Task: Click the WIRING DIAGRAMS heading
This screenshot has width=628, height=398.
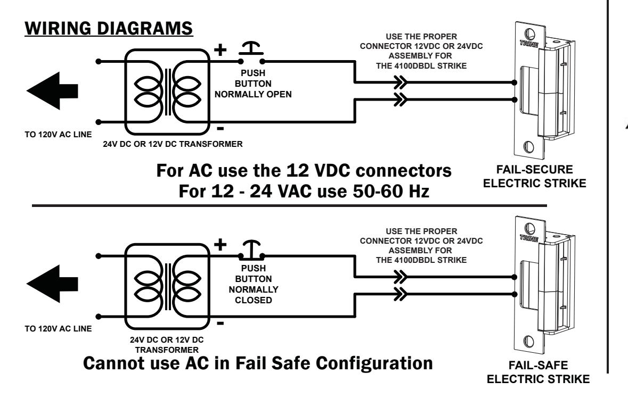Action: coord(109,28)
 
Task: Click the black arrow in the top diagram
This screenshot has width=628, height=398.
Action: coord(52,91)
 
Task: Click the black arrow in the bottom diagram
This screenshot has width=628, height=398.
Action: coord(52,284)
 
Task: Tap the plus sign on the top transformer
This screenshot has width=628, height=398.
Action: coord(221,49)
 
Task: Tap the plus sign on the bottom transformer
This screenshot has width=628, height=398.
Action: coord(221,244)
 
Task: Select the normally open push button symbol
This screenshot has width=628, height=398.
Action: coord(251,54)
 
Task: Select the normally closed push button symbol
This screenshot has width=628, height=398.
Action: coord(251,251)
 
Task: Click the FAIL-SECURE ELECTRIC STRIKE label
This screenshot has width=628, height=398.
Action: coord(534,177)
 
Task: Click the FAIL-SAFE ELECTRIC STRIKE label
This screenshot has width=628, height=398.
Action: coord(538,372)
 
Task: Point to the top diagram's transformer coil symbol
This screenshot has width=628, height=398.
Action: coord(167,92)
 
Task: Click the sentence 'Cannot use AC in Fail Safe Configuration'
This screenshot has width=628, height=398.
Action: coord(258,363)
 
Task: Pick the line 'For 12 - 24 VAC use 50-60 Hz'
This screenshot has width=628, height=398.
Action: coord(304,191)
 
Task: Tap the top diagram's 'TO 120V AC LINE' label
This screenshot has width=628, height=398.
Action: coord(58,135)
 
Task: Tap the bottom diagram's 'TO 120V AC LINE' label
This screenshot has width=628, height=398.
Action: coord(58,328)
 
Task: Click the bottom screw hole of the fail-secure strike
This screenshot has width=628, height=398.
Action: coord(529,146)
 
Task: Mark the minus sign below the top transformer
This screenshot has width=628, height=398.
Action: coord(221,128)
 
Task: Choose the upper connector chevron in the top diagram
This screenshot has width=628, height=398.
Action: coord(401,83)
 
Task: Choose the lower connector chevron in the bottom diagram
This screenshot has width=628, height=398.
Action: coord(401,294)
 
